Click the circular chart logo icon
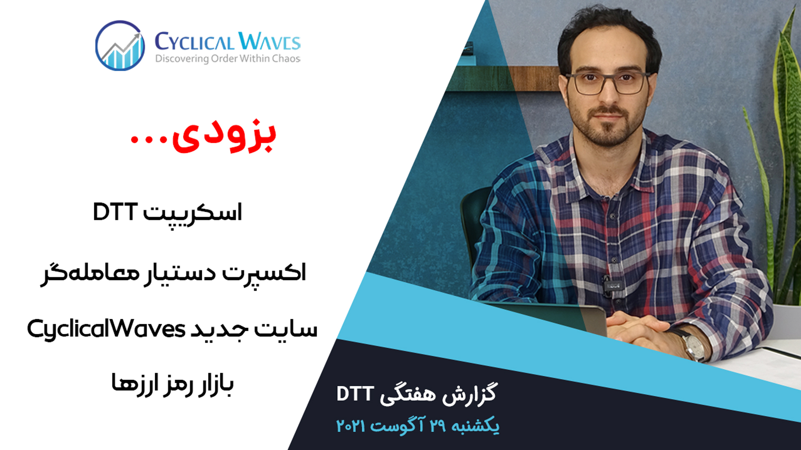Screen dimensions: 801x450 pyautogui.click(x=120, y=45)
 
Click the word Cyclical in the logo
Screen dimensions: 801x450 pyautogui.click(x=194, y=42)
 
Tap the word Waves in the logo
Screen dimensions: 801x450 pyautogui.click(x=270, y=41)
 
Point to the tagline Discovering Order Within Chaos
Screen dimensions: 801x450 pyautogui.click(x=228, y=59)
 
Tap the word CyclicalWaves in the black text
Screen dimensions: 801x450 pyautogui.click(x=106, y=329)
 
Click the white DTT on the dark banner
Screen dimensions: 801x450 pyautogui.click(x=355, y=394)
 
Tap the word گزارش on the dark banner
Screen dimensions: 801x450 pyautogui.click(x=469, y=394)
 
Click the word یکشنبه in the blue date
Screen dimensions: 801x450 pyautogui.click(x=476, y=426)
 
